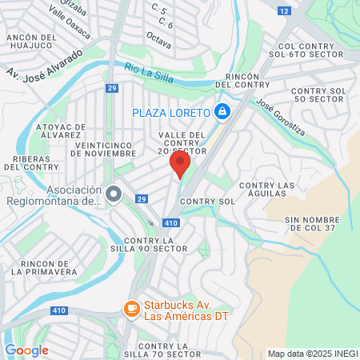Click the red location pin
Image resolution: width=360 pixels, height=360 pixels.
pyautogui.click(x=180, y=164)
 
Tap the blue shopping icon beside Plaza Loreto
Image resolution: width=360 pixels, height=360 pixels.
pyautogui.click(x=223, y=111)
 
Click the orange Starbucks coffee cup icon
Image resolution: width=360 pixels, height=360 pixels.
pyautogui.click(x=130, y=308)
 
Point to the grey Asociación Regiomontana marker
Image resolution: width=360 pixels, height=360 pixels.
pyautogui.click(x=114, y=194)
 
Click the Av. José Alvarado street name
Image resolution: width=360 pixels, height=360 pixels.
pyautogui.click(x=46, y=67)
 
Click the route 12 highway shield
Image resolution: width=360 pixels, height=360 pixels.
pyautogui.click(x=284, y=10)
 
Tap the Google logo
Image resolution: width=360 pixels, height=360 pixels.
pyautogui.click(x=26, y=350)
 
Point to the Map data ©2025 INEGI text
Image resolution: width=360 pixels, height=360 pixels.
pyautogui.click(x=312, y=354)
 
